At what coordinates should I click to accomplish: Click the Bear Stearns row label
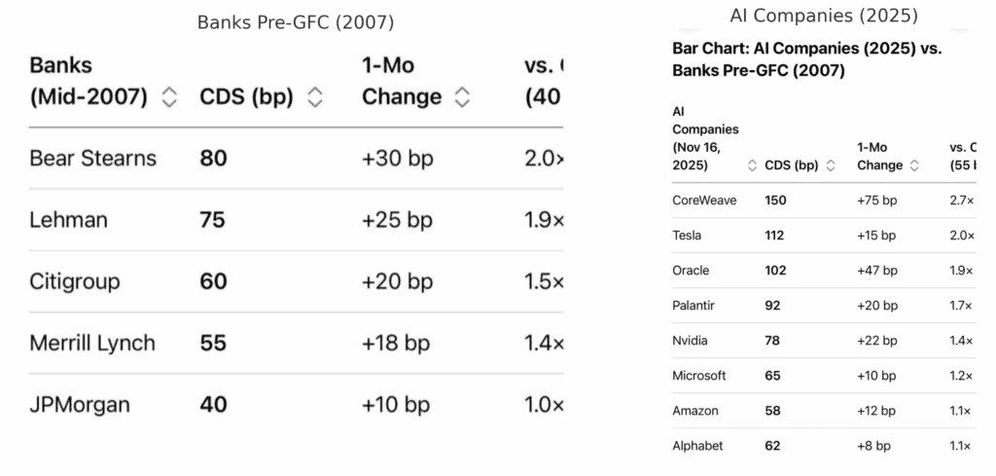[x=92, y=159]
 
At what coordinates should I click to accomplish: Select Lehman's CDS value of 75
[x=212, y=220]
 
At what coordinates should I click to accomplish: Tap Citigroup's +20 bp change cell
[x=397, y=282]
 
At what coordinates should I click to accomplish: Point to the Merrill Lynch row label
[x=92, y=344]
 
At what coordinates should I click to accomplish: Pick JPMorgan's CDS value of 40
[x=213, y=405]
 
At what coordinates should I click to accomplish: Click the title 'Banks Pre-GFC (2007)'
[x=296, y=22]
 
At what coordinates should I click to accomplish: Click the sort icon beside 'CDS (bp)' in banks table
[x=314, y=97]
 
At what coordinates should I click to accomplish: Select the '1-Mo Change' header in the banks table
[x=402, y=83]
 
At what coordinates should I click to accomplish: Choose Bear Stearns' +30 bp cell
[x=397, y=159]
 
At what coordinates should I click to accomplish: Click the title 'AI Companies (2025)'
[x=823, y=16]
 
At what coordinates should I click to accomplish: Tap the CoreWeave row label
[x=704, y=201]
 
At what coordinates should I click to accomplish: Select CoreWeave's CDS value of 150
[x=776, y=201]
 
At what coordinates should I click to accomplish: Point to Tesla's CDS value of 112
[x=775, y=236]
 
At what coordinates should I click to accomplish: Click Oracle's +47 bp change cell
[x=876, y=271]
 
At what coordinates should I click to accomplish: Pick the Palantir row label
[x=694, y=306]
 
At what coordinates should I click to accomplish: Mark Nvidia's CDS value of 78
[x=773, y=341]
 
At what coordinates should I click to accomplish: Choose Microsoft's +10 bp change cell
[x=876, y=376]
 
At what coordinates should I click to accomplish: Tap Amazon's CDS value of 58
[x=773, y=411]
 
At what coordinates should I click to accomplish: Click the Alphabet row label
[x=697, y=446]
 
